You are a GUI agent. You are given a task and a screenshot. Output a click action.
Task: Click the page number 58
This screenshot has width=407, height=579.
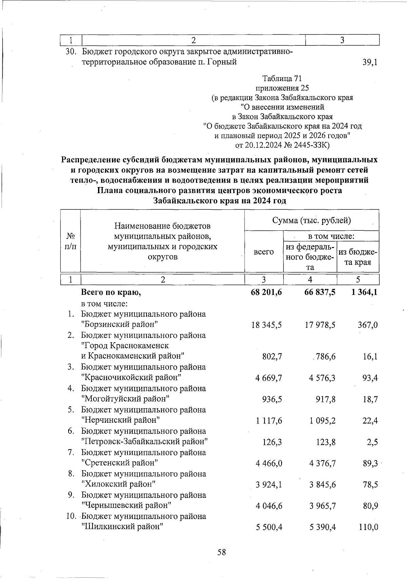pos(221,553)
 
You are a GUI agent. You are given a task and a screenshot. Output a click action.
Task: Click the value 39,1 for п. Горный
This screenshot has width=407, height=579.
pos(370,62)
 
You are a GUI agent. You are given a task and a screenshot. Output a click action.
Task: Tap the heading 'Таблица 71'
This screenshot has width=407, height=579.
pos(282,79)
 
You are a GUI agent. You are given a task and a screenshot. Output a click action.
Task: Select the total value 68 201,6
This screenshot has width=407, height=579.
pos(266,292)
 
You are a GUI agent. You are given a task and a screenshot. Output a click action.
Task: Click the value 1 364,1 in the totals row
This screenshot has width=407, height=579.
pos(365,292)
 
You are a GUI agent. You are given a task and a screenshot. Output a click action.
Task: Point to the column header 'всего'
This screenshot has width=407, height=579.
pos(264,252)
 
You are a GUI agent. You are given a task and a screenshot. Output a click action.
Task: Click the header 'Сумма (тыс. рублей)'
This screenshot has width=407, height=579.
pos(311,220)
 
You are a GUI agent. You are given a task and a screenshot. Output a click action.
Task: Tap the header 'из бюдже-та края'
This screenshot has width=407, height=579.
pos(358,257)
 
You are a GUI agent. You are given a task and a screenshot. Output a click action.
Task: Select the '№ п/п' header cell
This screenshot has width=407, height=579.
pos(70,241)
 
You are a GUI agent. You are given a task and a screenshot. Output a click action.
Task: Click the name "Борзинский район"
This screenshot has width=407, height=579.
pos(120,325)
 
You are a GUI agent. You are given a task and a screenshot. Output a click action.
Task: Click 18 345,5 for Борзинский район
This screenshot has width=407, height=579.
pos(266,325)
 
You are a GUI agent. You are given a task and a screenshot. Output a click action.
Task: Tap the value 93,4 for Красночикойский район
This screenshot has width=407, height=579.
pos(370,378)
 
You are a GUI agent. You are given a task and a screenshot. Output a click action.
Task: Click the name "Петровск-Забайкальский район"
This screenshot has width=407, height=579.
pos(144,442)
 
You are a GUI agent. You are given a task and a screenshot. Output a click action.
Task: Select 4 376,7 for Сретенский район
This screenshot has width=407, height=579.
pos(322,463)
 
